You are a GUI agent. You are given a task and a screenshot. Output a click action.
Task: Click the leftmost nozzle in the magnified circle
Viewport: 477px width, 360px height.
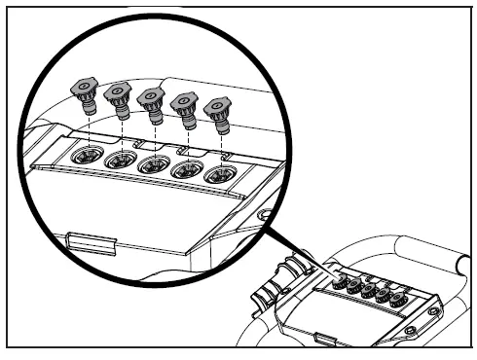[x=84, y=95]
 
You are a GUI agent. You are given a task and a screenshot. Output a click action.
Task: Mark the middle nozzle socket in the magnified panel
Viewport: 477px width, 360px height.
[x=154, y=165]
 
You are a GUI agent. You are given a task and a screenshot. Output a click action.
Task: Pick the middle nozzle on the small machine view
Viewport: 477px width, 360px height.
[x=368, y=290]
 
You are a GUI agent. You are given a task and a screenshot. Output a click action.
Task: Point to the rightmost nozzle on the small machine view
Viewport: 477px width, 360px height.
[x=396, y=300]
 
